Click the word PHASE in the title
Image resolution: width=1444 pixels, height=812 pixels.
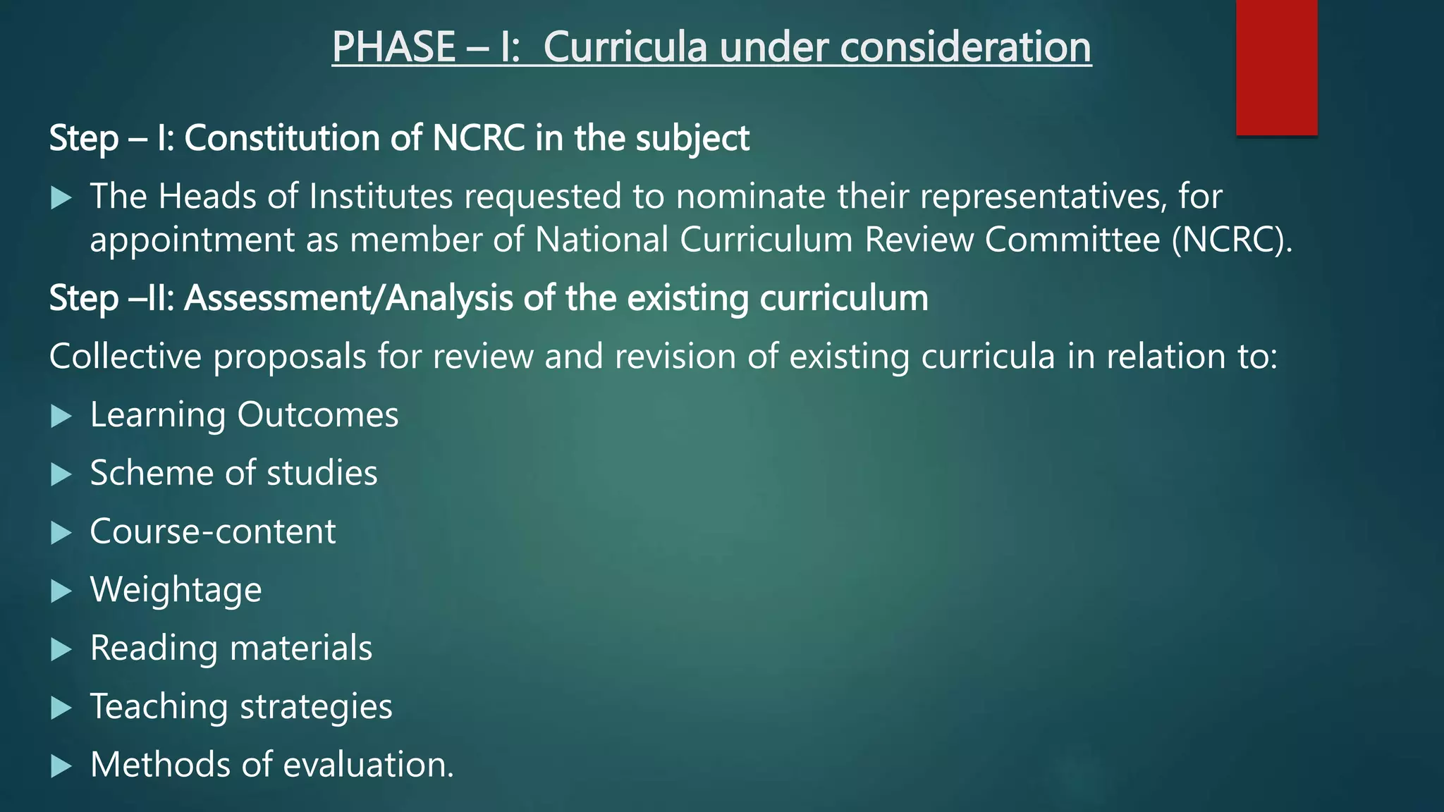pos(393,47)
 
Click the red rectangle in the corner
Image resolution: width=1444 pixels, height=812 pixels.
pos(1276,67)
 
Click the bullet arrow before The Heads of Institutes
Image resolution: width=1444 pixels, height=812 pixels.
pos(62,198)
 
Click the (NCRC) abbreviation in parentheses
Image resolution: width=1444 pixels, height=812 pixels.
pos(1232,240)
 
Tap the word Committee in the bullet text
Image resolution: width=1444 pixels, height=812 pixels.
pos(1072,240)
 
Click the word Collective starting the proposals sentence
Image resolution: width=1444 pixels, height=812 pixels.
pos(126,357)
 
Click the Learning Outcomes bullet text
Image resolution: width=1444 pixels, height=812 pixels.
pos(244,415)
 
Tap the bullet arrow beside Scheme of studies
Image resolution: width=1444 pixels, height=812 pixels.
pos(62,475)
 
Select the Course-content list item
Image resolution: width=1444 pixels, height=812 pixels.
pos(213,532)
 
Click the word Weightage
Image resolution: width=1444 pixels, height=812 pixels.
pos(176,591)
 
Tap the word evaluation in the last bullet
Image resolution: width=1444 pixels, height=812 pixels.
pos(368,765)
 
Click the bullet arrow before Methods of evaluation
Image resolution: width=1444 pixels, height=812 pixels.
pos(62,766)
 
